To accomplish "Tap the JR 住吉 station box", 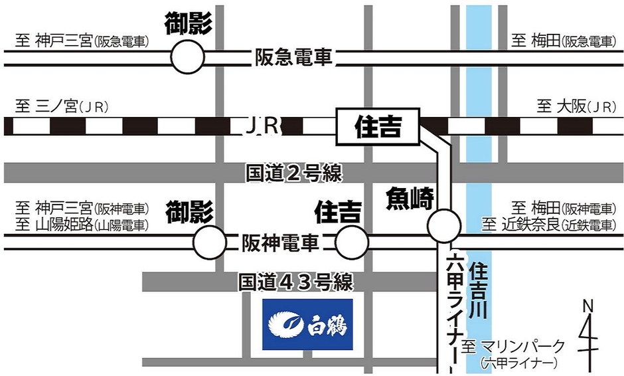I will tap(378, 126).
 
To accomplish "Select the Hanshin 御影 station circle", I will tap(210, 242).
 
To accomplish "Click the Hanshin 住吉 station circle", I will tap(352, 242).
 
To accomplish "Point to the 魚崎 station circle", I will tap(444, 226).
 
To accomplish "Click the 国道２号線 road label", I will tap(293, 174).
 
